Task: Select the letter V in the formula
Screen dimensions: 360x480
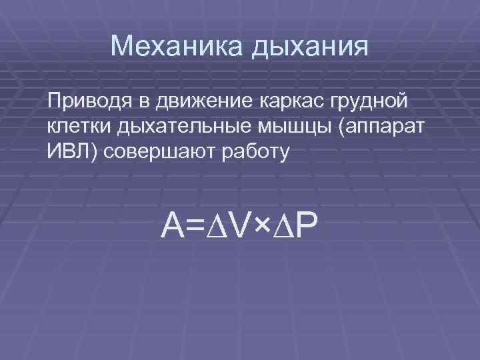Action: (237, 229)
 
